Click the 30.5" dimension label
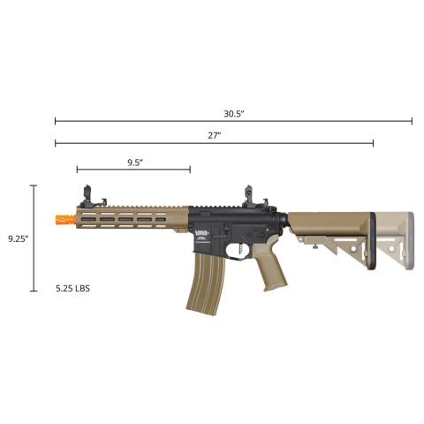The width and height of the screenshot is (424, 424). (x=233, y=113)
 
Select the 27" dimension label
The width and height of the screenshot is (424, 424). (x=214, y=135)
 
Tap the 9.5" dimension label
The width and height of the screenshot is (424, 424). (x=134, y=162)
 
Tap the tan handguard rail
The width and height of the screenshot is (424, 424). (x=132, y=218)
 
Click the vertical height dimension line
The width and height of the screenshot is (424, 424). (x=34, y=238)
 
